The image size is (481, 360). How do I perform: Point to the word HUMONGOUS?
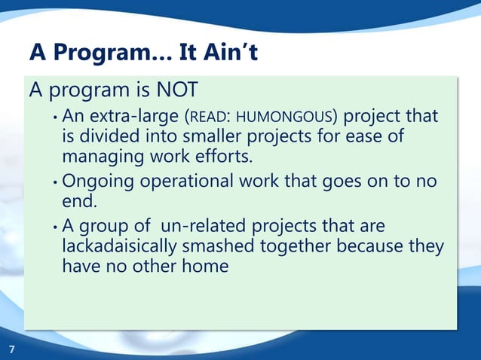(295, 118)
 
